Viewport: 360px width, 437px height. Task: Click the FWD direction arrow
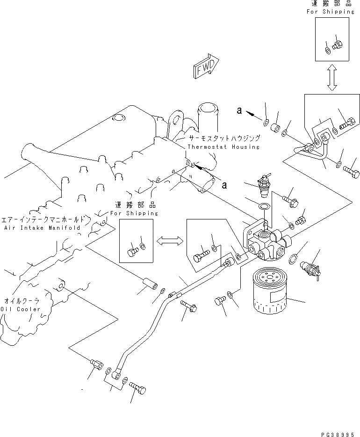pyautogui.click(x=206, y=67)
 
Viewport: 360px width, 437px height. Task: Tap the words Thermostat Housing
pyautogui.click(x=223, y=147)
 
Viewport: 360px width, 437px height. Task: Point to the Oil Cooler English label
pyautogui.click(x=20, y=309)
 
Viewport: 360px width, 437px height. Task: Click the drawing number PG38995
pyautogui.click(x=338, y=434)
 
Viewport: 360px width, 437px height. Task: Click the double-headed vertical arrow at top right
pyautogui.click(x=332, y=78)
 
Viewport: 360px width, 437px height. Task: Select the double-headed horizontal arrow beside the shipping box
pyautogui.click(x=170, y=241)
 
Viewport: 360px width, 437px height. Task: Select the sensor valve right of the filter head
pyautogui.click(x=310, y=269)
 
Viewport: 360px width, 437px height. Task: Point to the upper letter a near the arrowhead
pyautogui.click(x=239, y=110)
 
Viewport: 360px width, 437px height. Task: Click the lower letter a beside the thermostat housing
pyautogui.click(x=224, y=185)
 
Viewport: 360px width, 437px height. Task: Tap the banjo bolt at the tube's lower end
pyautogui.click(x=138, y=387)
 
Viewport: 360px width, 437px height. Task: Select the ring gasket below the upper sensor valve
pyautogui.click(x=263, y=206)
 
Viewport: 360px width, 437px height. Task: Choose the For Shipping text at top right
pyautogui.click(x=331, y=12)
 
